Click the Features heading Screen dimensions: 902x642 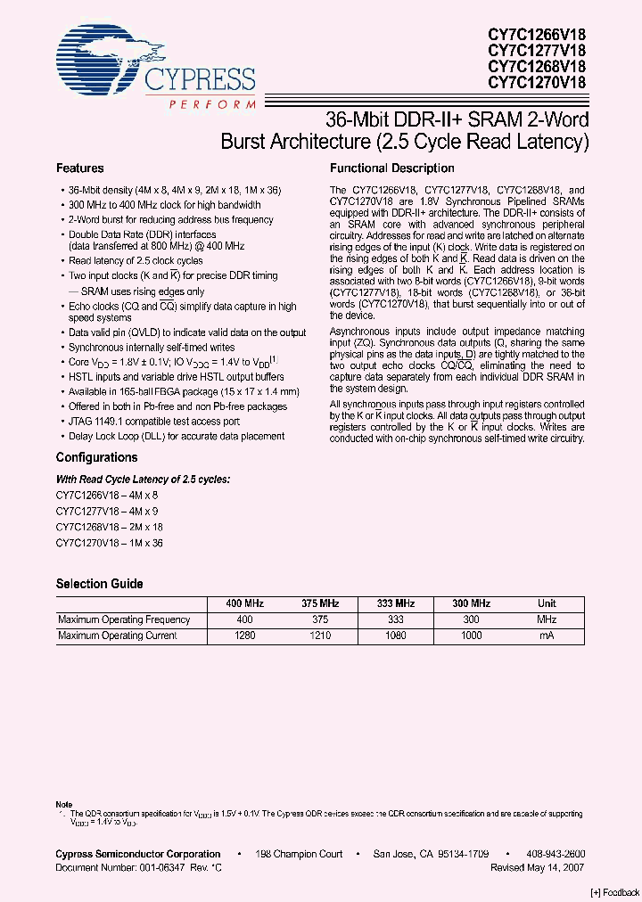pyautogui.click(x=80, y=168)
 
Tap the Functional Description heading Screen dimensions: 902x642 pyautogui.click(x=392, y=168)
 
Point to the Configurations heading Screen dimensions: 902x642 pyautogui.click(x=96, y=457)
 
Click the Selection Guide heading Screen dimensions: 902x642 pyautogui.click(x=99, y=584)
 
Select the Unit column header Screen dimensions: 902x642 pyautogui.click(x=547, y=603)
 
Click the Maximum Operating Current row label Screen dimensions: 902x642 pyautogui.click(x=117, y=635)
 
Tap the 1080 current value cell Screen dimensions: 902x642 pyautogui.click(x=394, y=635)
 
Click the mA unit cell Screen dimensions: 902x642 pyautogui.click(x=547, y=635)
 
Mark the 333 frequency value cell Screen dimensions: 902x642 pyautogui.click(x=394, y=619)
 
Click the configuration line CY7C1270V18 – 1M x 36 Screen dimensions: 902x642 pyautogui.click(x=110, y=543)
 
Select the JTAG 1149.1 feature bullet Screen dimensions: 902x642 pyautogui.click(x=154, y=422)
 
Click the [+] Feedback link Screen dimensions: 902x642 pyautogui.click(x=614, y=892)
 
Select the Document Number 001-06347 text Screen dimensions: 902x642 pyautogui.click(x=134, y=866)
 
